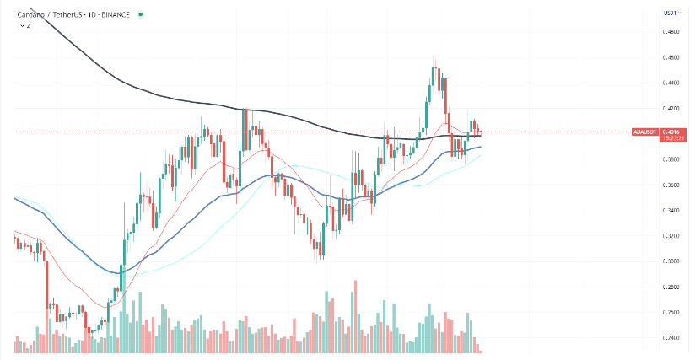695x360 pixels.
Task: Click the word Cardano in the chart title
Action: pyautogui.click(x=30, y=14)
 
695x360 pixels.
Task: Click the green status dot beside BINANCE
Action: pyautogui.click(x=141, y=14)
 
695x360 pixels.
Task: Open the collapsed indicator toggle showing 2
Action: pyautogui.click(x=24, y=25)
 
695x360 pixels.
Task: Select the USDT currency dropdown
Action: pyautogui.click(x=671, y=13)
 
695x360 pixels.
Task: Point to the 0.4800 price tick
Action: pyautogui.click(x=671, y=32)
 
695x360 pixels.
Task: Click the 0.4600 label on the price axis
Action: pyautogui.click(x=671, y=57)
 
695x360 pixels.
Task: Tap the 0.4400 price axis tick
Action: pyautogui.click(x=671, y=83)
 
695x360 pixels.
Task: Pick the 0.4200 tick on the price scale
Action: pyautogui.click(x=671, y=108)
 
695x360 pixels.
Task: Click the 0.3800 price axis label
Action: pyautogui.click(x=671, y=159)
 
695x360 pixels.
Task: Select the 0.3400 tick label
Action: pyautogui.click(x=671, y=210)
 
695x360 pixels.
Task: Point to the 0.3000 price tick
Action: pyautogui.click(x=671, y=261)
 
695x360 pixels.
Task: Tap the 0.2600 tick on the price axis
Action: pyautogui.click(x=671, y=312)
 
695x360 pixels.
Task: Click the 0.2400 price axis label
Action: pyautogui.click(x=671, y=338)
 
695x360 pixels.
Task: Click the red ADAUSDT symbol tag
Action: pyautogui.click(x=645, y=132)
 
